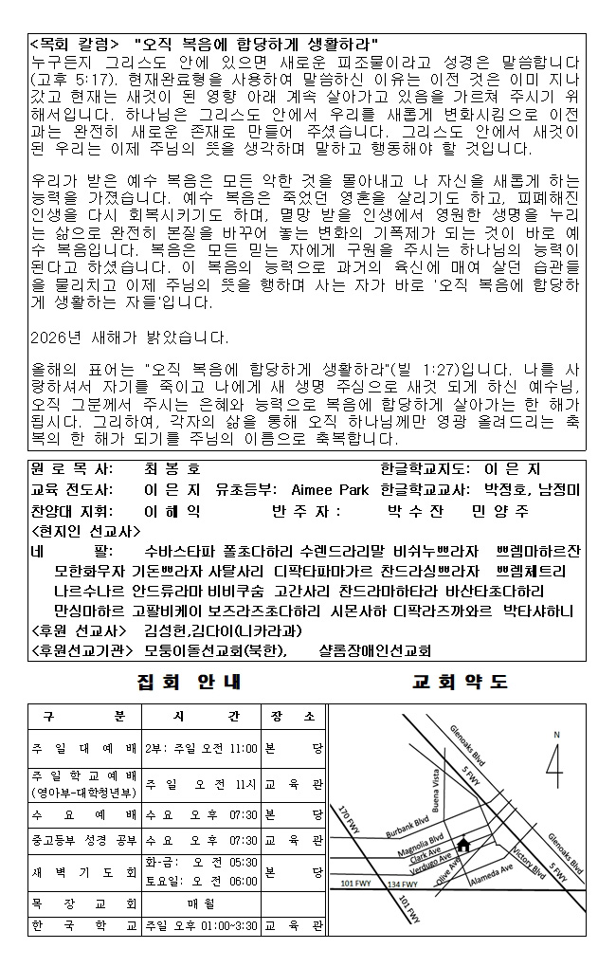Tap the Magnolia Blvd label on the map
click(x=425, y=842)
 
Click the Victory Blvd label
click(x=529, y=853)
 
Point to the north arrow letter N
click(x=557, y=735)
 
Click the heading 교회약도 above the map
click(x=461, y=682)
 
